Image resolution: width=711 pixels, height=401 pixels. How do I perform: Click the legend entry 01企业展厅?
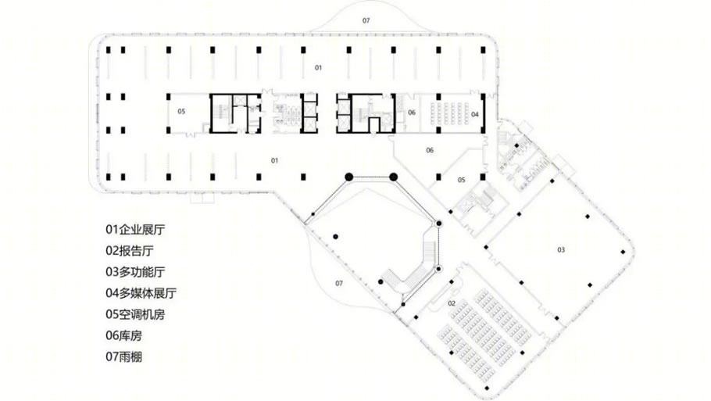tap(135, 230)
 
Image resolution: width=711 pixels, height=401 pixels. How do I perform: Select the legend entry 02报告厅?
tap(130, 251)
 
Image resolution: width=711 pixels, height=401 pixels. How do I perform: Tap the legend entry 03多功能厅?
tap(135, 272)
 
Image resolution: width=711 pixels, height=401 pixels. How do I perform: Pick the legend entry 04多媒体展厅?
tap(141, 293)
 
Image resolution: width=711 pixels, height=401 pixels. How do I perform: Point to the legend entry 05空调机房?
tap(135, 314)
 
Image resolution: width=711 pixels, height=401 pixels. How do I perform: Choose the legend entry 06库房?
tap(123, 335)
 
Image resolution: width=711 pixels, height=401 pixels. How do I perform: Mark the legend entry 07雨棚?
tap(123, 357)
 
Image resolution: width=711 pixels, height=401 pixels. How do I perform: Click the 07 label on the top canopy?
tap(366, 20)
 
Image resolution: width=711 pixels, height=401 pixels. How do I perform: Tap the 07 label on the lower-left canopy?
tap(339, 284)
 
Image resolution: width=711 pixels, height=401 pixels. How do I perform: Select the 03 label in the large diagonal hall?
tap(561, 249)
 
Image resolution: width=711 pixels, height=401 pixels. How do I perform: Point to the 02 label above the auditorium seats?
tap(452, 303)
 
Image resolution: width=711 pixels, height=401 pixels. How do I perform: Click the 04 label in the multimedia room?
tap(475, 114)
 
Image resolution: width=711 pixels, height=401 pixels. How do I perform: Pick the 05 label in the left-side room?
tap(181, 111)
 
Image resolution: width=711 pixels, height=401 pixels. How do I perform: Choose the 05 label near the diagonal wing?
tap(461, 180)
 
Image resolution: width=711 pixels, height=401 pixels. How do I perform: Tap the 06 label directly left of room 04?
tap(412, 113)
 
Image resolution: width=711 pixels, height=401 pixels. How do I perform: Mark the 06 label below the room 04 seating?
tap(430, 150)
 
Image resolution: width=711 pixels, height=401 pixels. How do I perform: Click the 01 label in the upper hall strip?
tap(318, 67)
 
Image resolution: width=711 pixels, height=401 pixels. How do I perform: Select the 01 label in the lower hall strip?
tap(274, 160)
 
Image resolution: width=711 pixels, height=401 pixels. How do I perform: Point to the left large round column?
tap(348, 177)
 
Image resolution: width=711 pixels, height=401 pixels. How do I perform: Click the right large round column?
tap(394, 177)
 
